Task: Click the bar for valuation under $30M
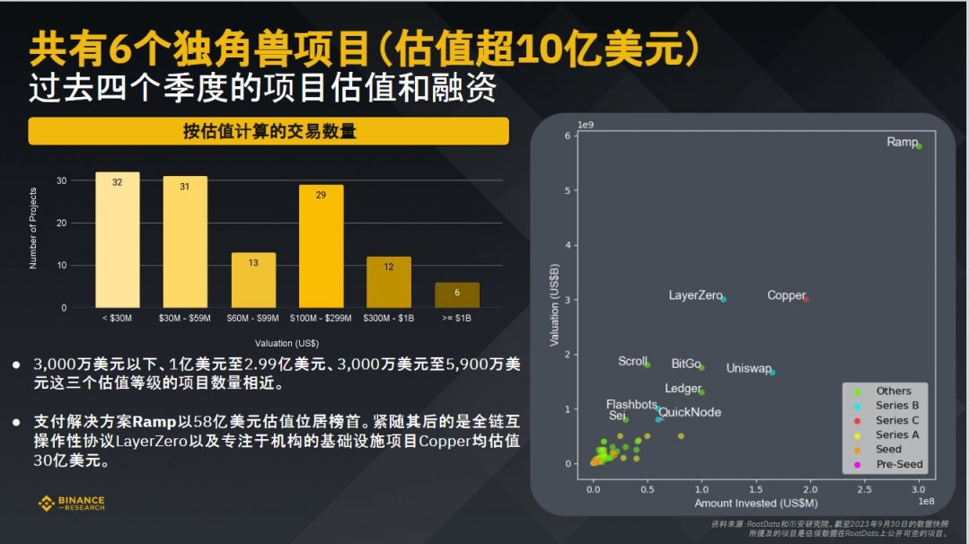click(118, 240)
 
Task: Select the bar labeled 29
click(321, 246)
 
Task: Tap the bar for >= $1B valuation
click(457, 295)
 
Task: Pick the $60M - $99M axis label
click(253, 319)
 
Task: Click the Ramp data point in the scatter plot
click(919, 145)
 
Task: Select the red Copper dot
click(806, 299)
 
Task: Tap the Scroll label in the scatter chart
click(632, 361)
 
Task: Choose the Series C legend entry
click(897, 420)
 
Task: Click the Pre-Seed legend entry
click(899, 464)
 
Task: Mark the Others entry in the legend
click(893, 391)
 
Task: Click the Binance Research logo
click(71, 504)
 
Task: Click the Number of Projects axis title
click(33, 228)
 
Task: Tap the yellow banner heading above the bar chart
click(269, 131)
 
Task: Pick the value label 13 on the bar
click(253, 263)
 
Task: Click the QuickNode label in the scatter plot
click(690, 413)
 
